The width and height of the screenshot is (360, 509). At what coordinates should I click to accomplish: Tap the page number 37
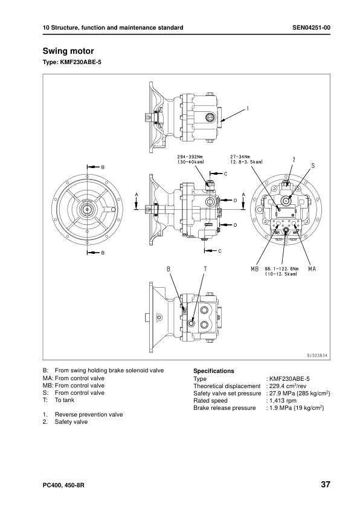click(x=325, y=485)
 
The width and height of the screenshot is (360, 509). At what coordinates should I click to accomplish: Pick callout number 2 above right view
click(x=294, y=159)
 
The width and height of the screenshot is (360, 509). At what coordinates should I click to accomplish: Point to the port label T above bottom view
click(x=205, y=268)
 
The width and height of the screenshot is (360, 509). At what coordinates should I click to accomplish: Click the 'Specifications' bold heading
click(x=213, y=371)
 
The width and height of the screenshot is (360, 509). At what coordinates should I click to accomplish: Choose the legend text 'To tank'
click(x=65, y=400)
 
